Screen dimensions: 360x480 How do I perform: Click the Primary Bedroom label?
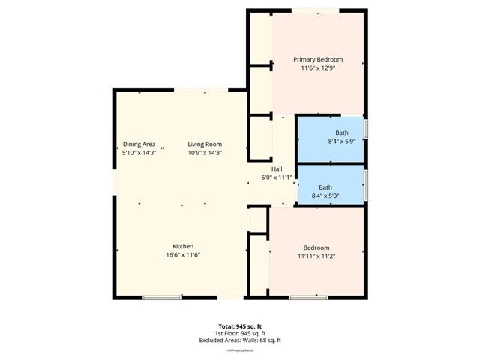[x=318, y=59]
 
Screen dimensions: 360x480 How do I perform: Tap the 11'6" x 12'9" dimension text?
[x=318, y=67]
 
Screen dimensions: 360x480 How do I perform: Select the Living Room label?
[x=205, y=144]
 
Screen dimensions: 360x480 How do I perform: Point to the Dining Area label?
[x=139, y=144]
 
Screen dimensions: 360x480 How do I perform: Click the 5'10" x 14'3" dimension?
[x=139, y=152]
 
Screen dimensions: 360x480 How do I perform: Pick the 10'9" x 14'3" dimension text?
[x=205, y=152]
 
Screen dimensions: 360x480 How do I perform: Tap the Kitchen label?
[x=184, y=246]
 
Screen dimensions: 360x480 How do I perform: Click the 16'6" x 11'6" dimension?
[x=184, y=255]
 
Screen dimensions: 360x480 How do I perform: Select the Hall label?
[x=277, y=169]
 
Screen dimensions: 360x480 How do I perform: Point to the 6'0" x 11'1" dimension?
[x=277, y=178]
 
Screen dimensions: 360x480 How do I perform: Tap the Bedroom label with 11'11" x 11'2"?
[x=316, y=247]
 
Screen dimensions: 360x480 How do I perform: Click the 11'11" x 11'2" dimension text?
[x=316, y=256]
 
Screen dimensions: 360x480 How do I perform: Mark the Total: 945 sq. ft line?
[x=239, y=326]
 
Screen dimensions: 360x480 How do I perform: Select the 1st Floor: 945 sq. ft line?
[x=239, y=333]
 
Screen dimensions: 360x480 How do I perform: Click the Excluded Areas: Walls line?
[x=239, y=340]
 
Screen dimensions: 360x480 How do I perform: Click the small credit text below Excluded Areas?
[x=239, y=349]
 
